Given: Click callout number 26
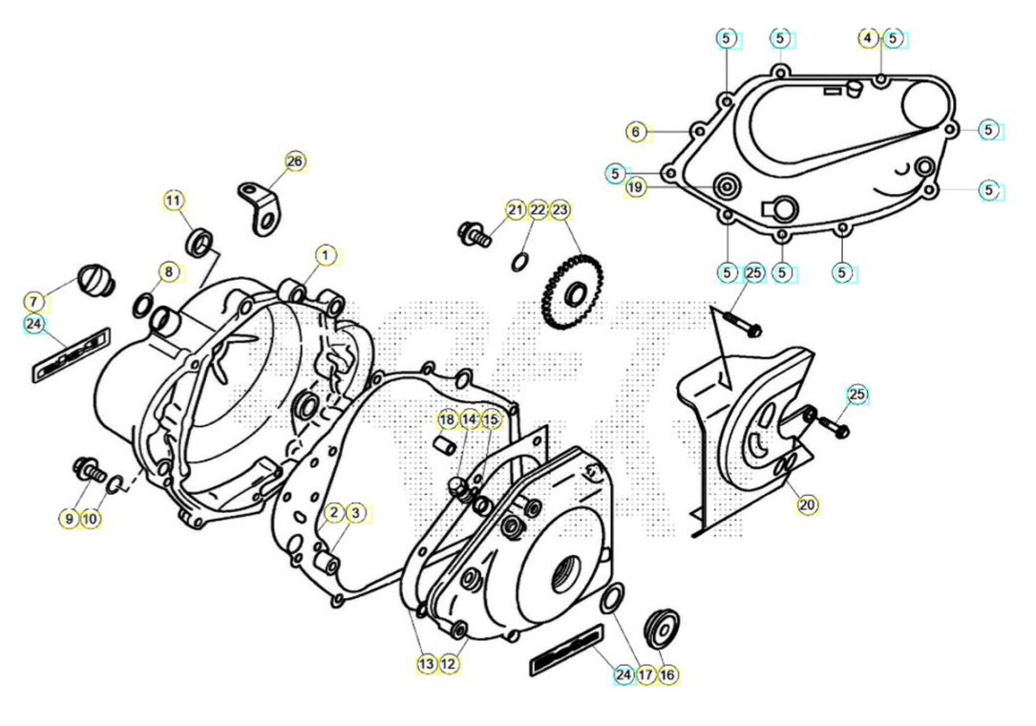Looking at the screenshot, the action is (295, 161).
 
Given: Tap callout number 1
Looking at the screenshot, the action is (325, 255).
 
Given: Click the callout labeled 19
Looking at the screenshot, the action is (635, 188).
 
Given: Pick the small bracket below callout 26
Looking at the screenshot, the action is (261, 207).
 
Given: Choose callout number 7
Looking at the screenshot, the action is (34, 303).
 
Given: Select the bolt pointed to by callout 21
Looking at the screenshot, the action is (475, 233).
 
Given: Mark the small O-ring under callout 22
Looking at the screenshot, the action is (519, 261).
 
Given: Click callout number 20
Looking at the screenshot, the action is (807, 505).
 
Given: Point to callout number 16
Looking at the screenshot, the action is (667, 675).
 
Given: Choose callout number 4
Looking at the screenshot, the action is (868, 38).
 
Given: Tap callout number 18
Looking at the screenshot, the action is (447, 420).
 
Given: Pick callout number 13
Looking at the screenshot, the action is (427, 664).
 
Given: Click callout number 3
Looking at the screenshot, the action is (356, 512).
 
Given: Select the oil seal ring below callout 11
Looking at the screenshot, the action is (201, 243).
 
